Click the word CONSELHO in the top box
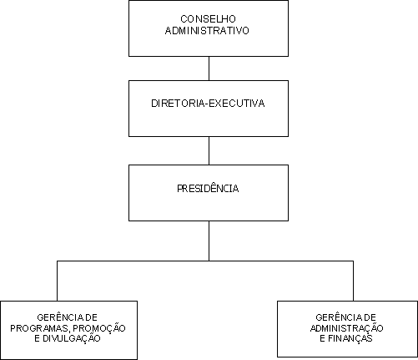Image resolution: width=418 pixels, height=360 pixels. coord(208,19)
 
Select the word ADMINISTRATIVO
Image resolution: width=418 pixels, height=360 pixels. coord(207,30)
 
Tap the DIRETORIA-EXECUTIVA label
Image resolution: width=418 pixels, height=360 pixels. coord(208,104)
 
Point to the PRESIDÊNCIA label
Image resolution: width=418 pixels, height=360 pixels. coord(208,188)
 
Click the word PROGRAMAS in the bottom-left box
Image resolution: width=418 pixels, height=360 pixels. coord(40,328)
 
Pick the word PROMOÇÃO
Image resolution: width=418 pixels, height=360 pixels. coord(99,328)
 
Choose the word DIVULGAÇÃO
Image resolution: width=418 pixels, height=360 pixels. coord(72,338)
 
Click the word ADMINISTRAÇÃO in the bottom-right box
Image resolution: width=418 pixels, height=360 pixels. coord(347,328)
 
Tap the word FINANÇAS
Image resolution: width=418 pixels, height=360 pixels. coord(350,338)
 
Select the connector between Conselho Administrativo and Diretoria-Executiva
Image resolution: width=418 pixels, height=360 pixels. coord(209,68)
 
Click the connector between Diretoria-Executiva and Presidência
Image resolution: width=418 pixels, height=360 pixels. coord(209,150)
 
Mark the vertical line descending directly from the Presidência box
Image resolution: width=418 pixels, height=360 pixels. coord(209,241)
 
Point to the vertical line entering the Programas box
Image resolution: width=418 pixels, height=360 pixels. coord(57,281)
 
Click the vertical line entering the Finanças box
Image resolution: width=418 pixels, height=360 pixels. coord(353,281)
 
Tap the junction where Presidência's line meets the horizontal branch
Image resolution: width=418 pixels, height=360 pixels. coord(209,261)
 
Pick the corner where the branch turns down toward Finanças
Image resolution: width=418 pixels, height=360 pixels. coord(353,261)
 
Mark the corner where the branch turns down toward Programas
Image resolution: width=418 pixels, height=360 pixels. coord(57,261)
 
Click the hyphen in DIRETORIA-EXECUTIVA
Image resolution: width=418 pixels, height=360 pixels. coord(207,104)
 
